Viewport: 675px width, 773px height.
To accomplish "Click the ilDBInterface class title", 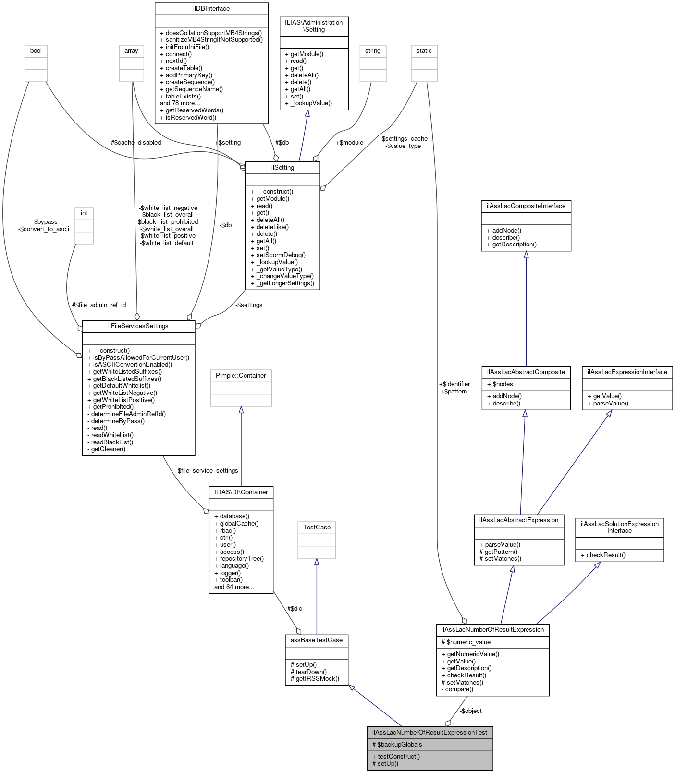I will point(211,9).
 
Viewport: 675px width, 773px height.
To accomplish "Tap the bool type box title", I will point(36,51).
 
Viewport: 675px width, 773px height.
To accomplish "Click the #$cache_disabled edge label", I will point(136,143).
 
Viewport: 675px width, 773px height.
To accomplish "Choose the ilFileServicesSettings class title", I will point(138,326).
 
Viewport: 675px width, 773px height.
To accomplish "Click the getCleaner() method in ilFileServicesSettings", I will point(108,449).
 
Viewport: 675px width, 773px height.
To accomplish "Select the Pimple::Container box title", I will point(241,376).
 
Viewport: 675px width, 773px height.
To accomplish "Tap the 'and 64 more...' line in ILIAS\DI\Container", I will point(234,587).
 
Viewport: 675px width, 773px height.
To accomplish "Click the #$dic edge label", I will point(295,609).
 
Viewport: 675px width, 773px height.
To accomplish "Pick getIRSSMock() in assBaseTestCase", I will point(315,679).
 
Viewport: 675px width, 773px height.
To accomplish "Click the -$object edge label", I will point(470,711).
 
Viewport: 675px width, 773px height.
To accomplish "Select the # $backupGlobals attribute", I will point(397,745).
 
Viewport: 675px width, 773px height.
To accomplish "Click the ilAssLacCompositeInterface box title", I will point(526,206).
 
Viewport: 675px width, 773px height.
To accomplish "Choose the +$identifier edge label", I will point(454,384).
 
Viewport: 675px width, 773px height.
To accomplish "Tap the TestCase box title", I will point(317,528).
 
